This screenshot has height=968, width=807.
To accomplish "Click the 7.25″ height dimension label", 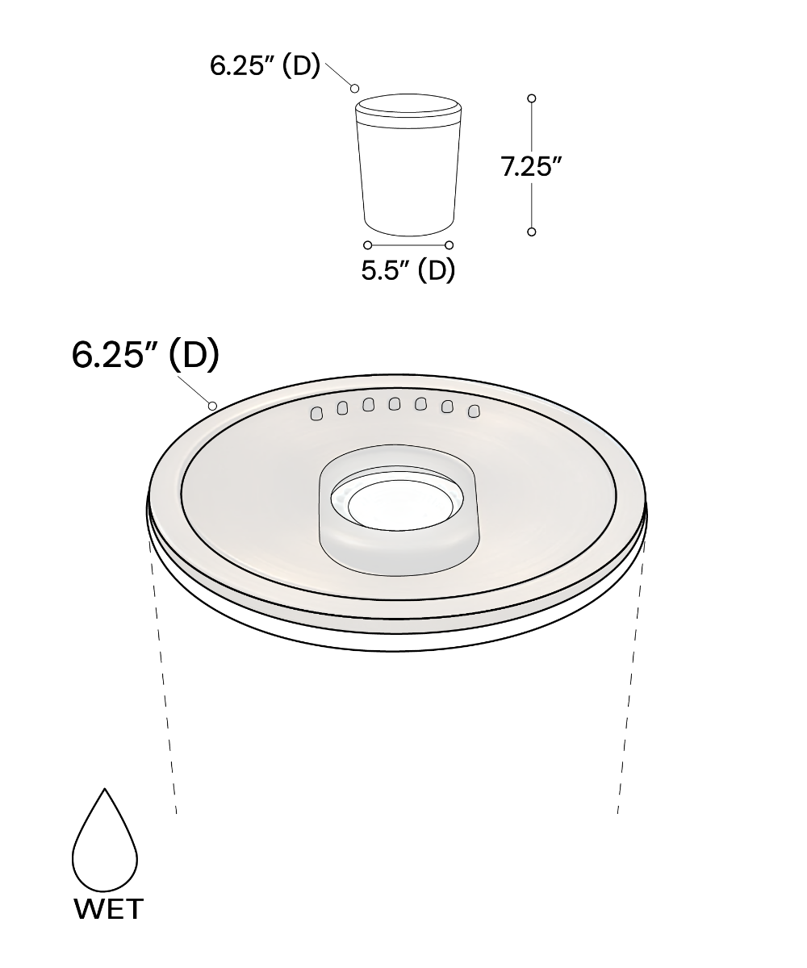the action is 531,166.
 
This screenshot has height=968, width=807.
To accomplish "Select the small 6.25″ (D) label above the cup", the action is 265,65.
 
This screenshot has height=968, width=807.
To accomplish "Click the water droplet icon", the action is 105,839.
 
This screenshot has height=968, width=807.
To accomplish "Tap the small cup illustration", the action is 408,165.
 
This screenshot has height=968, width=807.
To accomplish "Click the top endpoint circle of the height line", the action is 532,98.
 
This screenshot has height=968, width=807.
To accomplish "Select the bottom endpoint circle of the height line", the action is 532,232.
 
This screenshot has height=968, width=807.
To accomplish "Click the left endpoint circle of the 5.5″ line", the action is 368,244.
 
